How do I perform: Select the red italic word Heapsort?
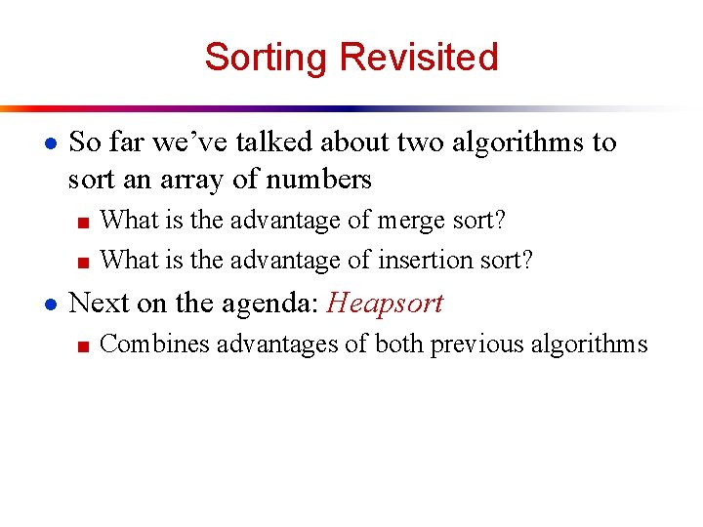[x=385, y=303]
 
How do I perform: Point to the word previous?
[x=472, y=344]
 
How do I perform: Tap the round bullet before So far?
[x=50, y=142]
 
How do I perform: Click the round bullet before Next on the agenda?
[x=50, y=304]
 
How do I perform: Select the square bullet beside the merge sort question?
[x=84, y=222]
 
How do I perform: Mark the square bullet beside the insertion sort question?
[x=84, y=262]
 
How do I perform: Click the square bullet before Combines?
[x=84, y=345]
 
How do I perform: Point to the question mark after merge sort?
[x=500, y=220]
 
